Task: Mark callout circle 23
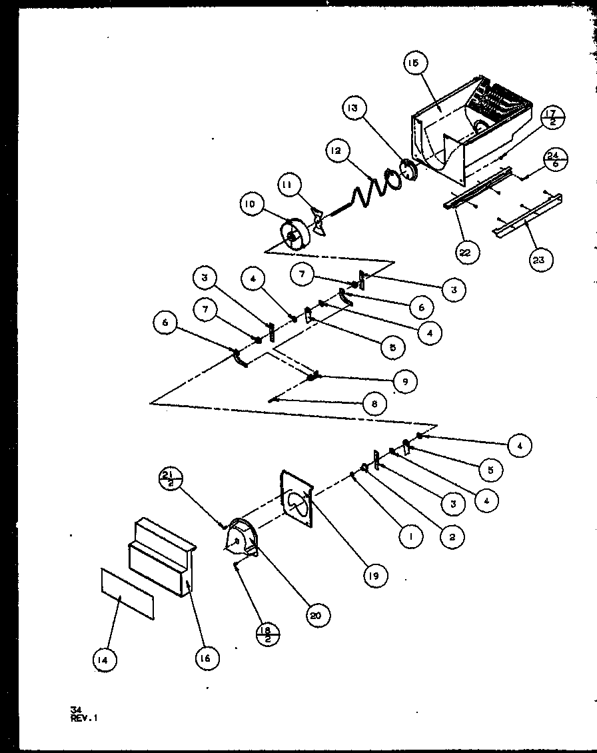(538, 259)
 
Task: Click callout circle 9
(404, 381)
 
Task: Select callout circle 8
(375, 404)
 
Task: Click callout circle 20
(315, 616)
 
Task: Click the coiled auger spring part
(363, 190)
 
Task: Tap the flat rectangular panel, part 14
(127, 593)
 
